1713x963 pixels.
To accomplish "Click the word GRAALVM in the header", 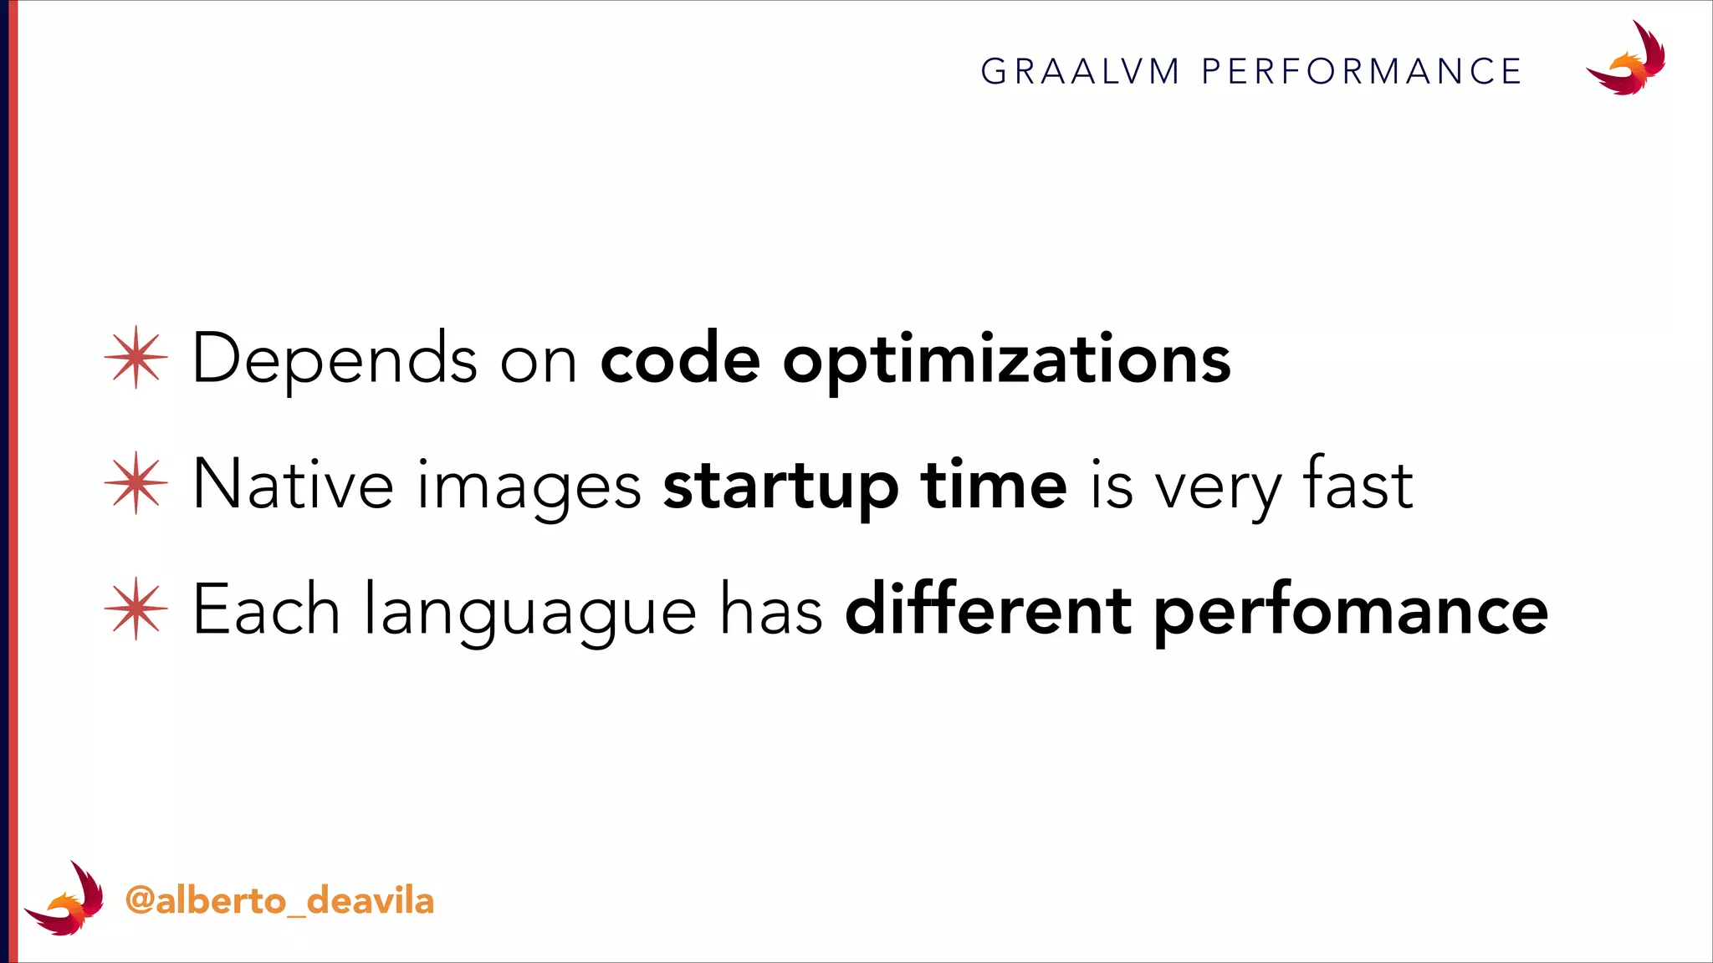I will [x=1080, y=72].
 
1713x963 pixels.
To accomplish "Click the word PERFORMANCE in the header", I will [x=1362, y=72].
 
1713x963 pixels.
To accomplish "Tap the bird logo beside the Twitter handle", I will [x=65, y=899].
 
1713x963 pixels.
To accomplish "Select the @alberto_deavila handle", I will [x=279, y=901].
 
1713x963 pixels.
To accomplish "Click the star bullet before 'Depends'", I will [x=136, y=358].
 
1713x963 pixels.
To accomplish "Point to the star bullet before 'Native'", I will [x=136, y=483].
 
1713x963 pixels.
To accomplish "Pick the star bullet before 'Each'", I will [x=136, y=609].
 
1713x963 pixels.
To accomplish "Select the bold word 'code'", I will [x=680, y=359].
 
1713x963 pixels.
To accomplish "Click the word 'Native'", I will [x=293, y=485].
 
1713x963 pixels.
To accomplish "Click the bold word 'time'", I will [x=994, y=485].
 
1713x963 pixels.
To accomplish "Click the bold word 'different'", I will [x=989, y=610].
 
